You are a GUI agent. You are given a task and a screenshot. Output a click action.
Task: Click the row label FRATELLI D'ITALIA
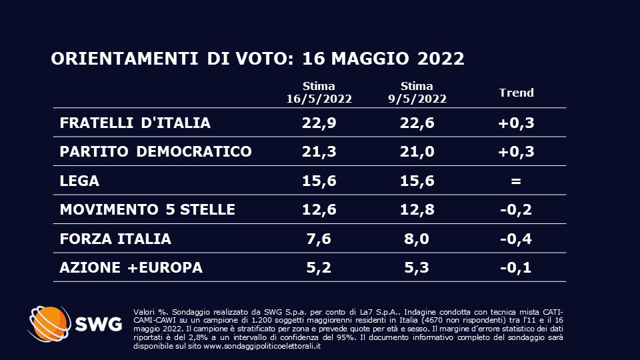[x=135, y=123]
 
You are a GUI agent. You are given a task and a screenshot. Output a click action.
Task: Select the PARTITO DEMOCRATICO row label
[x=155, y=151]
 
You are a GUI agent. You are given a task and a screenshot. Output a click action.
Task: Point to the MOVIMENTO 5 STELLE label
[x=147, y=209]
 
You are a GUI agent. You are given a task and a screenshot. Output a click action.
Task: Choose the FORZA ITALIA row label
[x=115, y=239]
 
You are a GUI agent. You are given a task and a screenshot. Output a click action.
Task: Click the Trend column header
[x=517, y=93]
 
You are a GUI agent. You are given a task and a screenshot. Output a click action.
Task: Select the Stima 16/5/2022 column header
[x=319, y=93]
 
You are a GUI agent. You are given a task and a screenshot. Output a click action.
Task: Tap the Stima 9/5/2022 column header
[x=417, y=93]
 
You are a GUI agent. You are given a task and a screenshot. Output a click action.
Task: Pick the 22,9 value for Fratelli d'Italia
[x=319, y=123]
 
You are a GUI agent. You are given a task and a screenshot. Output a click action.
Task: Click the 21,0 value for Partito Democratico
[x=417, y=151]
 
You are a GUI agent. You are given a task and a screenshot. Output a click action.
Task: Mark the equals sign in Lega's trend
[x=517, y=181]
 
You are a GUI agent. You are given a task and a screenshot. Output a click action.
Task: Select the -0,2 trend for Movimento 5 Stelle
[x=517, y=209]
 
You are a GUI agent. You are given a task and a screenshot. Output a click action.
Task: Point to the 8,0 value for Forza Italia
[x=417, y=239]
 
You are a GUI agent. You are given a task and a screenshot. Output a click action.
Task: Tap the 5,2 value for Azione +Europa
[x=319, y=267]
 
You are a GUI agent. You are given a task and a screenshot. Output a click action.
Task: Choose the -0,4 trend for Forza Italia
[x=517, y=239]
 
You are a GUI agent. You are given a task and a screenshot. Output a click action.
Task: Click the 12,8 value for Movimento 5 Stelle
[x=417, y=209]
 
